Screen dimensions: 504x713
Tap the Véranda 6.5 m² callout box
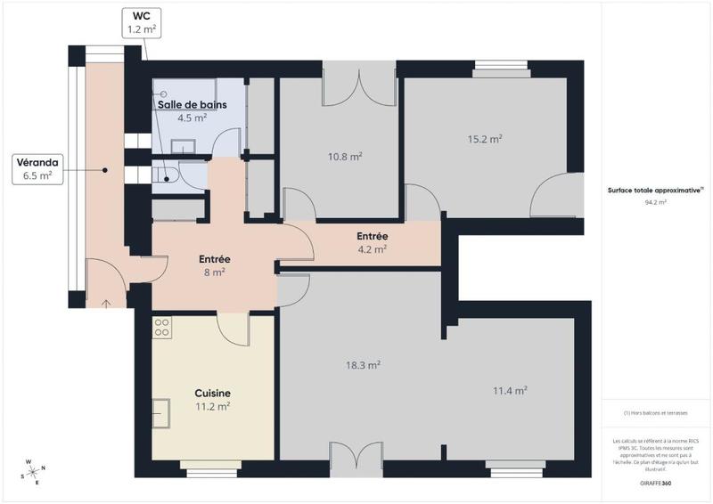click(37, 169)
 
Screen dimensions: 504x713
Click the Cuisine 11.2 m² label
click(213, 399)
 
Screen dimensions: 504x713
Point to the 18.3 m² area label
click(363, 365)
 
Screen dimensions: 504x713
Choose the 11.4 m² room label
click(510, 390)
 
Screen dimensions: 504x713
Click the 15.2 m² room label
click(485, 139)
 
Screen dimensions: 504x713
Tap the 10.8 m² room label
click(344, 157)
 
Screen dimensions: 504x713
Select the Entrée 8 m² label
click(215, 265)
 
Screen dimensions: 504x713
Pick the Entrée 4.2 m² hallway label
click(372, 242)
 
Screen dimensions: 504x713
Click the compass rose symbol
click(33, 470)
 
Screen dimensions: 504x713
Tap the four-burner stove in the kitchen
click(161, 327)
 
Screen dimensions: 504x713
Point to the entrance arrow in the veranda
click(106, 304)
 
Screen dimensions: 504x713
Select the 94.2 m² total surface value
click(655, 202)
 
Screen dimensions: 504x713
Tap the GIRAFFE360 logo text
click(655, 481)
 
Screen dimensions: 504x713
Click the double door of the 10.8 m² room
click(358, 85)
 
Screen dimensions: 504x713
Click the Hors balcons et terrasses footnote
click(655, 412)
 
